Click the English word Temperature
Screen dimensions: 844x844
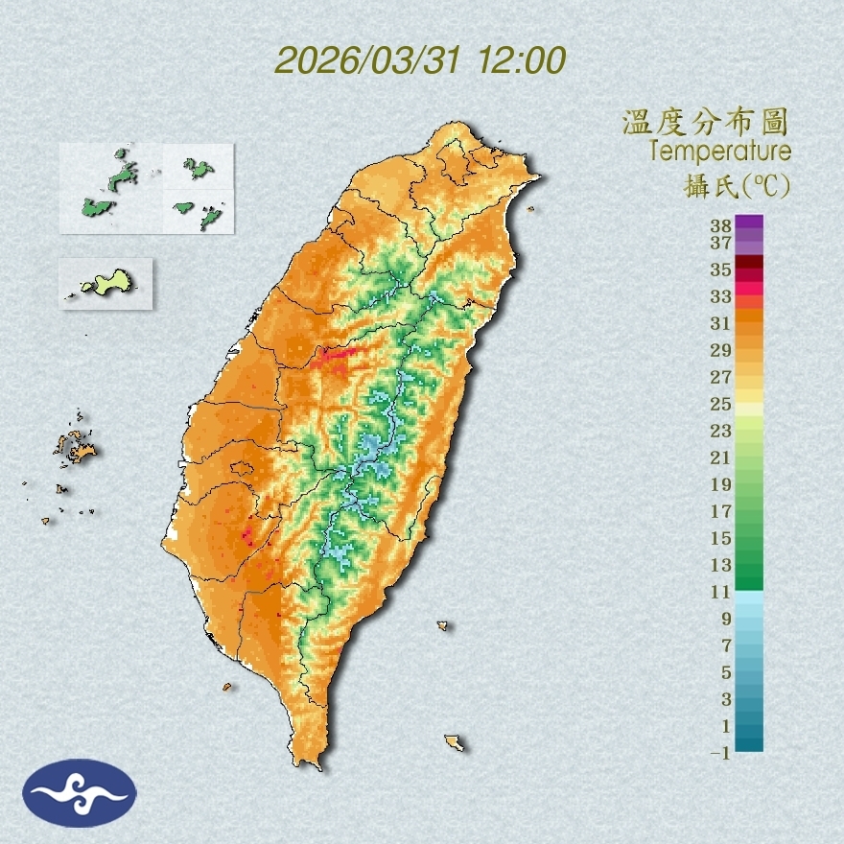tap(719, 151)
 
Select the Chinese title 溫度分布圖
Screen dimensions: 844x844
tap(706, 122)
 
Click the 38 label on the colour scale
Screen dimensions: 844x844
tap(721, 226)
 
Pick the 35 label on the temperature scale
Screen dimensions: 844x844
tap(721, 270)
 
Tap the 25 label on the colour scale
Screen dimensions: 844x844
tap(721, 404)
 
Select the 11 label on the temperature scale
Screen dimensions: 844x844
tap(721, 592)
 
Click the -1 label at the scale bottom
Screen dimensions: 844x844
tap(720, 753)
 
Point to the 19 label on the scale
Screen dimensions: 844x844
tap(721, 484)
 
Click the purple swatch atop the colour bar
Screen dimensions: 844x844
tap(750, 222)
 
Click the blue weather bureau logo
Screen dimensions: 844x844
tap(80, 793)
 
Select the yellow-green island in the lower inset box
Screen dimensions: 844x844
tap(107, 283)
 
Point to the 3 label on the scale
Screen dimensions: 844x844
tap(726, 699)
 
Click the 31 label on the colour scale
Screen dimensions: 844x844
tap(721, 323)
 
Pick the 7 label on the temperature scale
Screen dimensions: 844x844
tap(726, 645)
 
